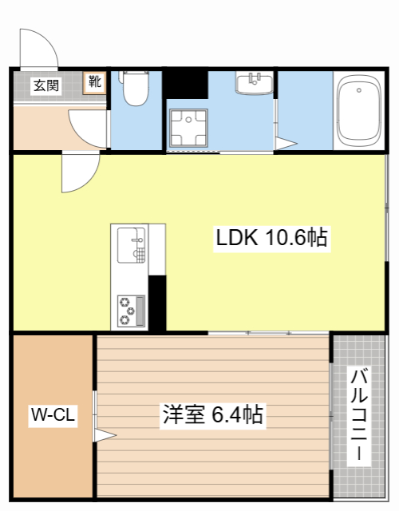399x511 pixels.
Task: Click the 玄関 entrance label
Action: click(45, 85)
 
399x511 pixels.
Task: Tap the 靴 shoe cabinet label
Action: click(95, 82)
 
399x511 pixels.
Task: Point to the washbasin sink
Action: click(255, 82)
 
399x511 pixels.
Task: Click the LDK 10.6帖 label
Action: click(271, 238)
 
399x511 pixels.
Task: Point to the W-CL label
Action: click(53, 414)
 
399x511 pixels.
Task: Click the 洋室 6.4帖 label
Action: click(212, 414)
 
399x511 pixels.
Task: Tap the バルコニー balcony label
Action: click(359, 415)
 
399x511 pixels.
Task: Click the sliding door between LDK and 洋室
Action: click(268, 331)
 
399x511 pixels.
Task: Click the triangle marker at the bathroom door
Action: click(286, 145)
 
